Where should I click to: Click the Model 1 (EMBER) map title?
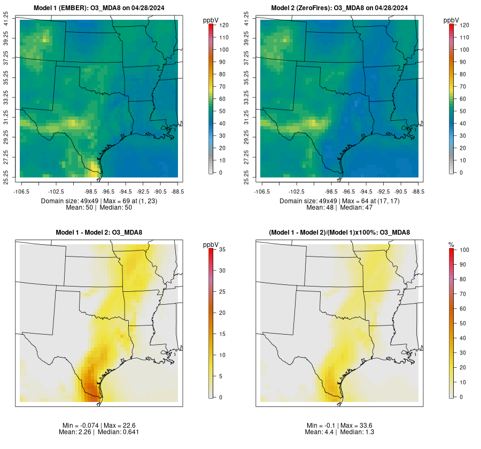coord(99,8)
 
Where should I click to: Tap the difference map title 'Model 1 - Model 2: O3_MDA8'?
coord(99,233)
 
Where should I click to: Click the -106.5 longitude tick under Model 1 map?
coord(20,191)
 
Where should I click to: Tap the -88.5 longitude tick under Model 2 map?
coord(418,191)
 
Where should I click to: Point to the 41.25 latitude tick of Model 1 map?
coord(6,19)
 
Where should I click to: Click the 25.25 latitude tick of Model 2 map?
coord(247,176)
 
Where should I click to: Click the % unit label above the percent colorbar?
coord(452,245)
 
